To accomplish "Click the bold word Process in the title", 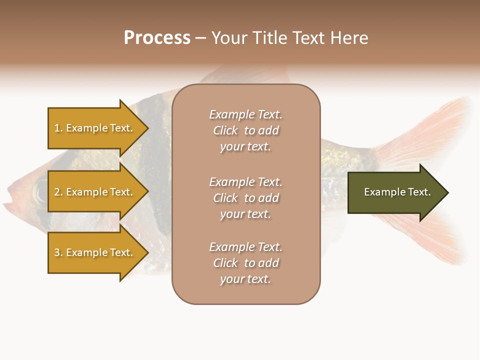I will pyautogui.click(x=157, y=38).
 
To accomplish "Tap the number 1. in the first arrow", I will pyautogui.click(x=58, y=128).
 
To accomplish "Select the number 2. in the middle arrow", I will pyautogui.click(x=58, y=192).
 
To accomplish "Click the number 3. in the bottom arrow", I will pyautogui.click(x=58, y=252).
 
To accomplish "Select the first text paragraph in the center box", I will pyautogui.click(x=245, y=130).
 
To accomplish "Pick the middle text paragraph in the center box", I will pyautogui.click(x=245, y=198).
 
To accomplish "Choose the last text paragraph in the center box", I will pyautogui.click(x=245, y=263).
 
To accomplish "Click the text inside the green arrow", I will pyautogui.click(x=397, y=192).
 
